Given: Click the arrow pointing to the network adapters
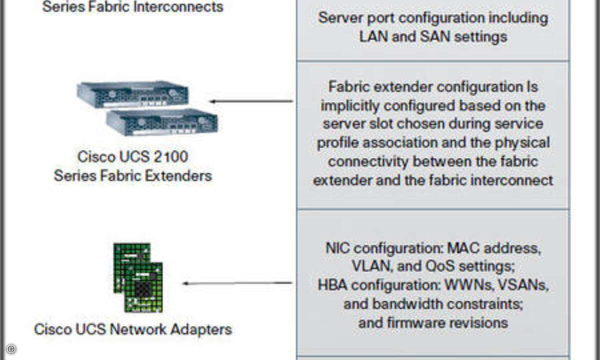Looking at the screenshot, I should pyautogui.click(x=237, y=283).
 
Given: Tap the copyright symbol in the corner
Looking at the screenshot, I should pyautogui.click(x=10, y=349).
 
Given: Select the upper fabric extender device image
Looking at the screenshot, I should pyautogui.click(x=132, y=94).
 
